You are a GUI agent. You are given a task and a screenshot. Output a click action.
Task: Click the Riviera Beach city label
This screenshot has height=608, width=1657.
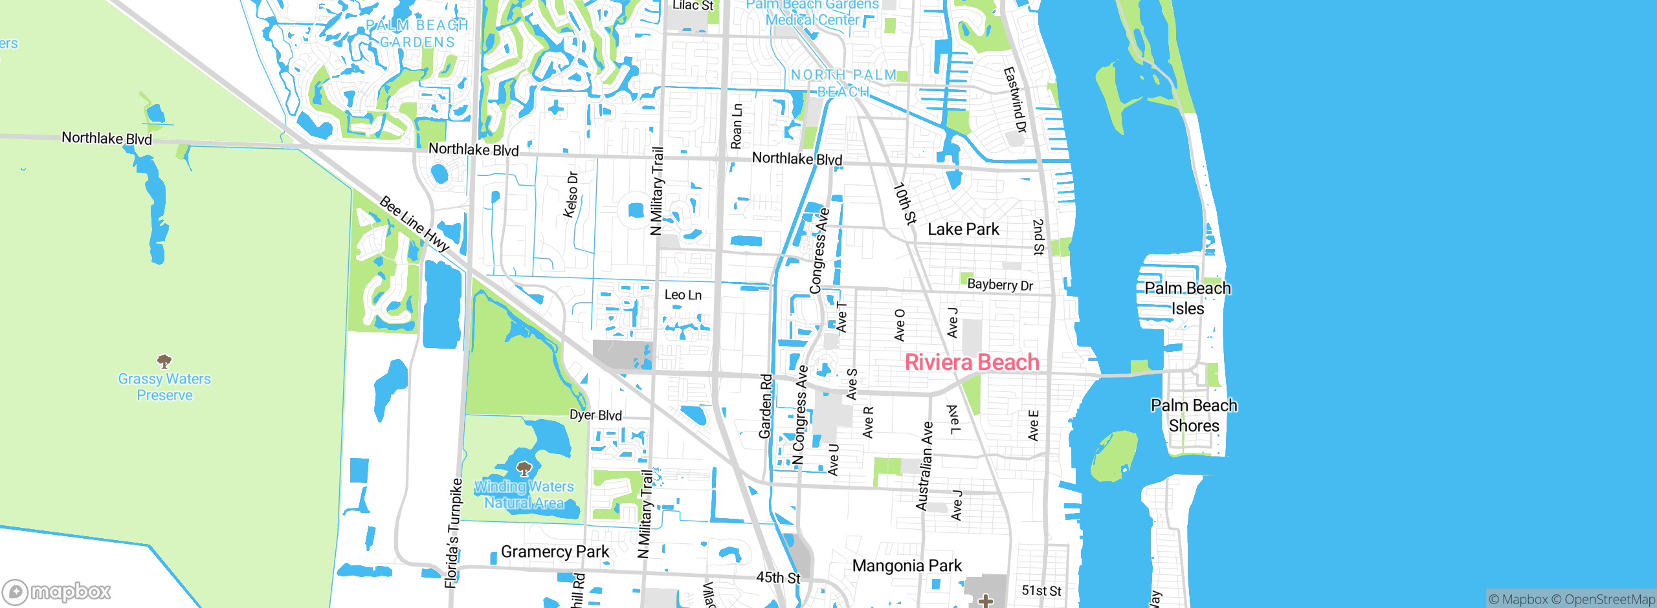coord(972,362)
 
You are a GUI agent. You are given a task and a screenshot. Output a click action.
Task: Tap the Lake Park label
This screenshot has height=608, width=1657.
coord(963,230)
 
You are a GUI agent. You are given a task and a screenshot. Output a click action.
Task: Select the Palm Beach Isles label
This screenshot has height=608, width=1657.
coord(1188,298)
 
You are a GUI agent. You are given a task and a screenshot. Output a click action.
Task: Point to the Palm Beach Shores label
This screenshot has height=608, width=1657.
coord(1194,415)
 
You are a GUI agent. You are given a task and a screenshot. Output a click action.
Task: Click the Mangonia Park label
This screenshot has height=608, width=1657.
coord(907,566)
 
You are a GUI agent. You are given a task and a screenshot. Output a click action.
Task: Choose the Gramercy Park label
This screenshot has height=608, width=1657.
coord(555,552)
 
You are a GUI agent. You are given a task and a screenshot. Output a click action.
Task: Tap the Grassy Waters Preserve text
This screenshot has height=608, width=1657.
coord(164,387)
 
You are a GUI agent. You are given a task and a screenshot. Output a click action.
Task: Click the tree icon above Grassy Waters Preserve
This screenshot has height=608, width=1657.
coord(164,361)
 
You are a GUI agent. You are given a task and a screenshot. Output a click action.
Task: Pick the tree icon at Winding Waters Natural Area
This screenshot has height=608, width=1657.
coord(524,468)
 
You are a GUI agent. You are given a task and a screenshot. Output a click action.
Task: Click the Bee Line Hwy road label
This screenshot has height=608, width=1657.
coord(414,224)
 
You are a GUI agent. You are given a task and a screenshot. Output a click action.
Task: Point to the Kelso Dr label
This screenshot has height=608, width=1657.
coord(571,195)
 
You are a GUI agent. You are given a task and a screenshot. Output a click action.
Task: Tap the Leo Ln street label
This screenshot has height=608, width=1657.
coord(683,295)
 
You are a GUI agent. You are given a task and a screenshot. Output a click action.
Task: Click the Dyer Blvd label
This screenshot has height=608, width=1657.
coord(595,415)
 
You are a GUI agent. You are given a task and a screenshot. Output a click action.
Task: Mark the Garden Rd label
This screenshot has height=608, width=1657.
coord(766,406)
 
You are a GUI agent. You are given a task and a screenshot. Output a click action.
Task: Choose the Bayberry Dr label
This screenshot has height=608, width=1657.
coord(1000,285)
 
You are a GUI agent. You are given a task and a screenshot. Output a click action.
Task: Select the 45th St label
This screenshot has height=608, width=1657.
coord(778,578)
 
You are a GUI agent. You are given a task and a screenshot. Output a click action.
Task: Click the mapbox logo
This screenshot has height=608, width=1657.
coord(57,592)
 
